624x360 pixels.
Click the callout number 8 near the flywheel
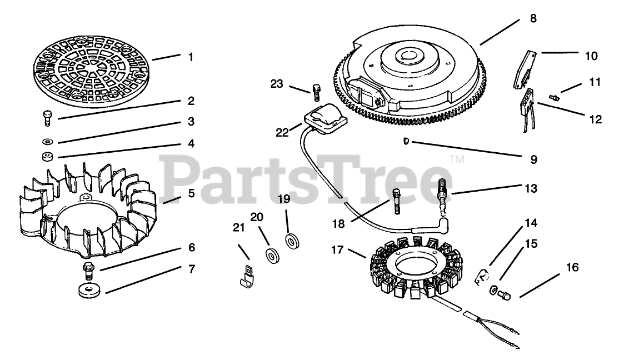[x=533, y=18]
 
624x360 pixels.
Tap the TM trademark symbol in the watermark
[x=457, y=160]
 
